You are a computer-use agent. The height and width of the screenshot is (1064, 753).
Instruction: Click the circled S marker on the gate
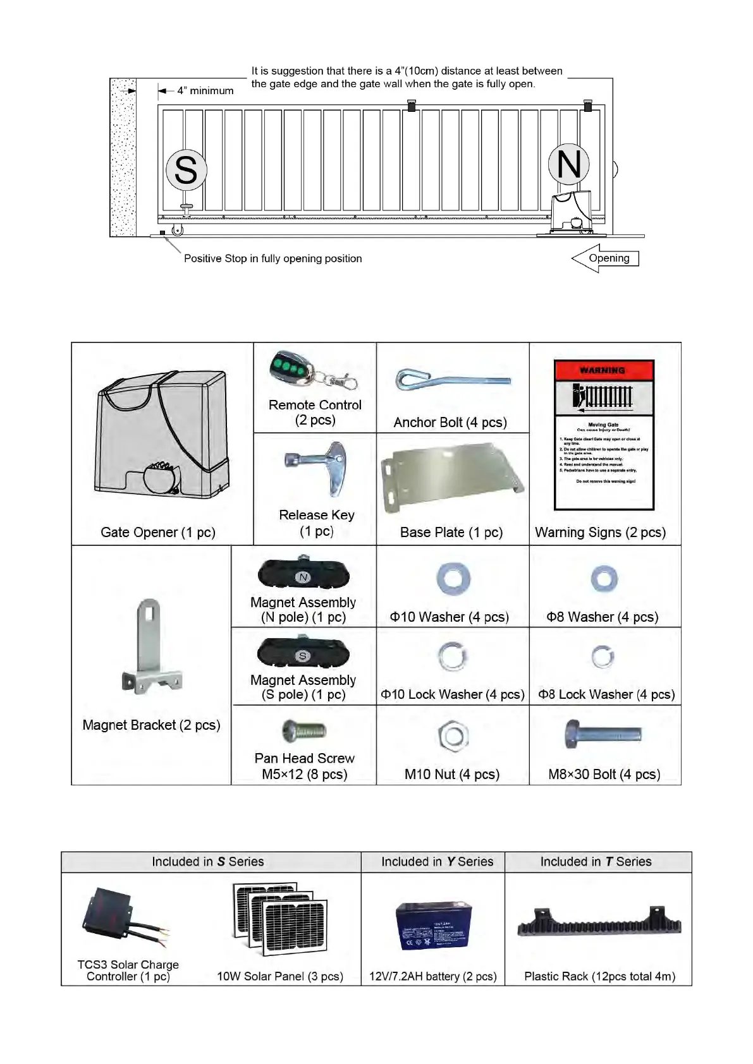point(186,170)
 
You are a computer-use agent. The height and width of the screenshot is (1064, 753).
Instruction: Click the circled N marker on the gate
point(568,164)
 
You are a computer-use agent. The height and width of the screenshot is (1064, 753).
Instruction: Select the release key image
point(316,468)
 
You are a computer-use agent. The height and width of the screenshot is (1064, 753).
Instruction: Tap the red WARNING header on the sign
point(603,370)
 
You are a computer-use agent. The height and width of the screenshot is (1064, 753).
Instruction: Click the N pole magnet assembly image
point(303,574)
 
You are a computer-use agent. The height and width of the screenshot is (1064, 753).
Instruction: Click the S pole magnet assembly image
point(303,653)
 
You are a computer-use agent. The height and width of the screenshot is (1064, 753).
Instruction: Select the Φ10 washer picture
point(453,579)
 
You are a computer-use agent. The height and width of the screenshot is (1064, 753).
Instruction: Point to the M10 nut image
point(453,736)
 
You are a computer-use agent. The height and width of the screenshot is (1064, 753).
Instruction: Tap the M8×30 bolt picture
point(603,735)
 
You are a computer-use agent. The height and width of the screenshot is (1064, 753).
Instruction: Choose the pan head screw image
point(304,732)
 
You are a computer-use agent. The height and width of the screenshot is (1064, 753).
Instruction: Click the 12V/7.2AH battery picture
point(433,926)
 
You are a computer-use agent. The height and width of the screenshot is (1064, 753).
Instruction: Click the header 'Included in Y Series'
point(437,862)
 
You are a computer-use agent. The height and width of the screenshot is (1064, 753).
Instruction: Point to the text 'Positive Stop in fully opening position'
point(272,258)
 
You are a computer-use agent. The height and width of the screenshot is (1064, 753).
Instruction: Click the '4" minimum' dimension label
point(205,91)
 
